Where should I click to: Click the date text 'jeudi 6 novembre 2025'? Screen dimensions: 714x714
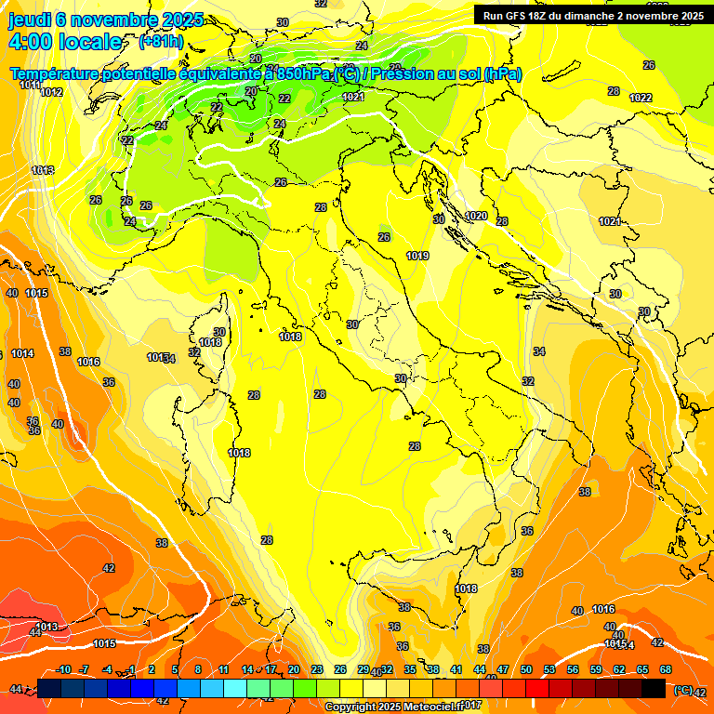tap(106, 20)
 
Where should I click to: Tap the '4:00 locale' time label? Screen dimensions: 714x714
tap(65, 42)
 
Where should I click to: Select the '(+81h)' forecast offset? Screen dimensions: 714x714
tap(160, 42)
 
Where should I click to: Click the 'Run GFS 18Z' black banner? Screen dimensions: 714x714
tap(592, 15)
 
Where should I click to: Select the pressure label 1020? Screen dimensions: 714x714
tap(476, 216)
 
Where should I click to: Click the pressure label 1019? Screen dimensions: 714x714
tap(417, 256)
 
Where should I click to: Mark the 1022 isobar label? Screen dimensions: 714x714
tap(641, 98)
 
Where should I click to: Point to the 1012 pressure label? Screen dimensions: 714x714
tap(52, 92)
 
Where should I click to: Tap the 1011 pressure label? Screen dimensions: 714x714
tap(30, 85)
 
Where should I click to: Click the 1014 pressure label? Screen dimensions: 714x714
tap(23, 353)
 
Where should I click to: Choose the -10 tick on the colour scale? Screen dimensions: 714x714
tap(63, 669)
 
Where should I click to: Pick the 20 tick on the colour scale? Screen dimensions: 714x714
tap(293, 669)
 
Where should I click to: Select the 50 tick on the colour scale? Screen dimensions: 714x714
tap(525, 669)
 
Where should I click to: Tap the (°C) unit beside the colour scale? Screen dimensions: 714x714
tap(682, 690)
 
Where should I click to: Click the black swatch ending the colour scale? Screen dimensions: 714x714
tap(654, 688)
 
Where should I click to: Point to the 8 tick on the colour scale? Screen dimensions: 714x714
tap(198, 669)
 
